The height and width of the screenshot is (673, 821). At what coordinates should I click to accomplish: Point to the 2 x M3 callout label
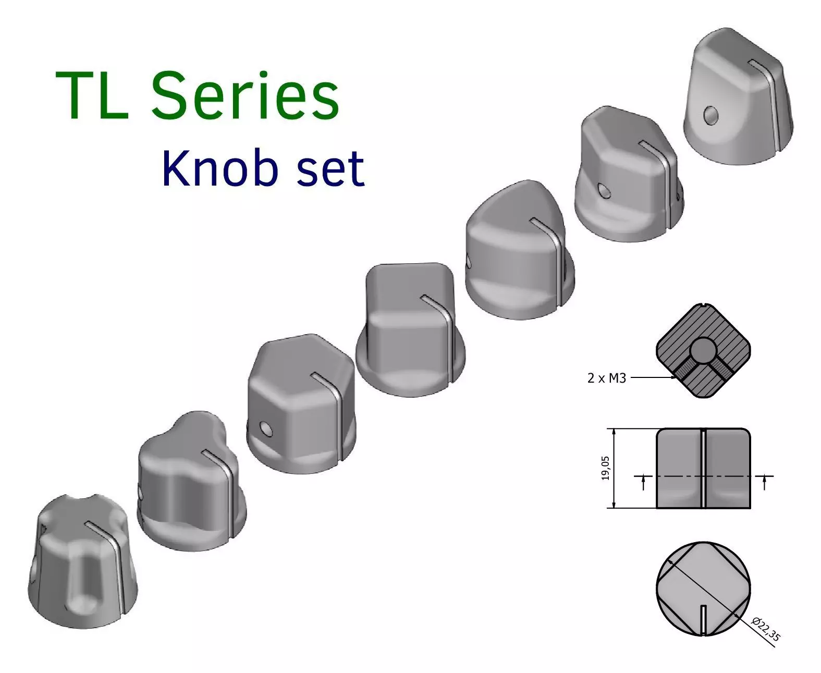coord(606,378)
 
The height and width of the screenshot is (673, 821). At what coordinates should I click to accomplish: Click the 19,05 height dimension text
coord(605,468)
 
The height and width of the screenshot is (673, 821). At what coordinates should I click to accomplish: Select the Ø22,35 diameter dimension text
coord(766,629)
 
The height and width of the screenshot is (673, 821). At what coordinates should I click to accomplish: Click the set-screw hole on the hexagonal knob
coord(266,430)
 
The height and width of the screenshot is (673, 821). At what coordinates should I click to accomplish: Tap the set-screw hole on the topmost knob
coord(710,115)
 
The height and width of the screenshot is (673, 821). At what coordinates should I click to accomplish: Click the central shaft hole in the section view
coord(703,350)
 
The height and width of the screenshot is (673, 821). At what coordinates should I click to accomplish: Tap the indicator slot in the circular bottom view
coord(703,620)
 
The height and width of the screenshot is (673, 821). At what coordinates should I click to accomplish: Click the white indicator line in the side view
coord(703,468)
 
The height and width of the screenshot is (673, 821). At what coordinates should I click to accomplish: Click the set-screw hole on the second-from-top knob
coord(605,191)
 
